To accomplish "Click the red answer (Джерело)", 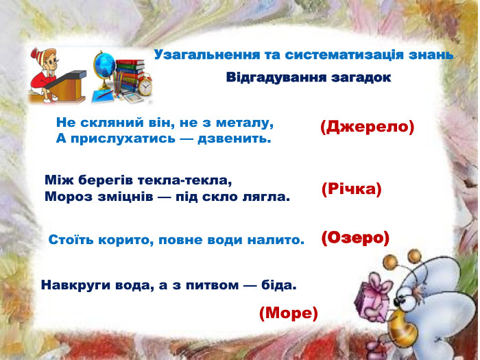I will coord(367,127).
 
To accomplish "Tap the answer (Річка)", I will coord(351,189).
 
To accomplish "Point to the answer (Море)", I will coord(289,313).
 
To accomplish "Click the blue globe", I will coord(107,68).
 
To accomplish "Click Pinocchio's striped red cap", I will coord(44,53).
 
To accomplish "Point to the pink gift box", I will coord(378,293).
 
